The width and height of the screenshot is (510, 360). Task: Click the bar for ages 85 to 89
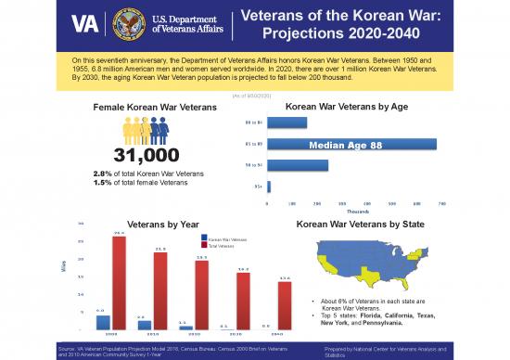coord(351,144)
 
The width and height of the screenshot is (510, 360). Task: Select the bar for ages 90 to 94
coord(297,165)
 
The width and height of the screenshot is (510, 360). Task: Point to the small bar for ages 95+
coord(269,186)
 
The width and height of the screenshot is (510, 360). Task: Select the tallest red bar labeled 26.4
coord(119,282)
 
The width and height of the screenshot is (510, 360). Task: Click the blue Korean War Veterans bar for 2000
coord(103,322)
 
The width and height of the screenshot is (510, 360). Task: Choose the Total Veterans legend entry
coord(221,247)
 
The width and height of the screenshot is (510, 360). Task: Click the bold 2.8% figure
coord(103,174)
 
